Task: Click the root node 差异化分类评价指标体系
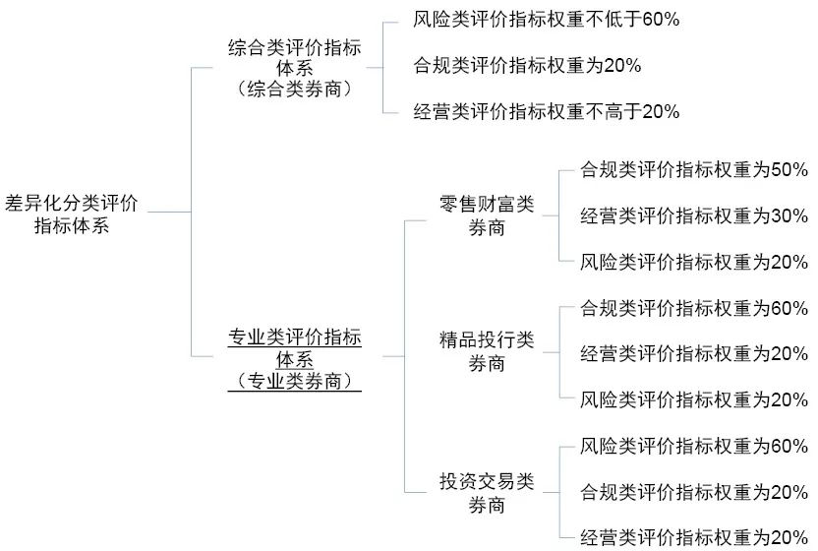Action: click(72, 214)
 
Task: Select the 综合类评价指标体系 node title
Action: click(295, 57)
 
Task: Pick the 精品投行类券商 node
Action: click(487, 351)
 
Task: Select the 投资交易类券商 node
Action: click(487, 493)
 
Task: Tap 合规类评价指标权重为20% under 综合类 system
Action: click(527, 66)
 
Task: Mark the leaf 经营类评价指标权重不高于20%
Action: click(547, 111)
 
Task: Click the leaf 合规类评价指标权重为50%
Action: click(694, 169)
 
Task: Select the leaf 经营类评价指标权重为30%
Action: click(694, 215)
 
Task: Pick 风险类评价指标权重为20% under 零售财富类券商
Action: click(694, 262)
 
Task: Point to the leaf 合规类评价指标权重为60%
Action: click(694, 308)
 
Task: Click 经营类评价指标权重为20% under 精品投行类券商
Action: click(694, 353)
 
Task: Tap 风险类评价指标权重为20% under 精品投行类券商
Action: click(694, 399)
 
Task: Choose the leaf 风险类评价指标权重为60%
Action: click(694, 446)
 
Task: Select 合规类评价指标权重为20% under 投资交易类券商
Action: click(694, 491)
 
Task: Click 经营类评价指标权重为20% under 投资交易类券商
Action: click(694, 537)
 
